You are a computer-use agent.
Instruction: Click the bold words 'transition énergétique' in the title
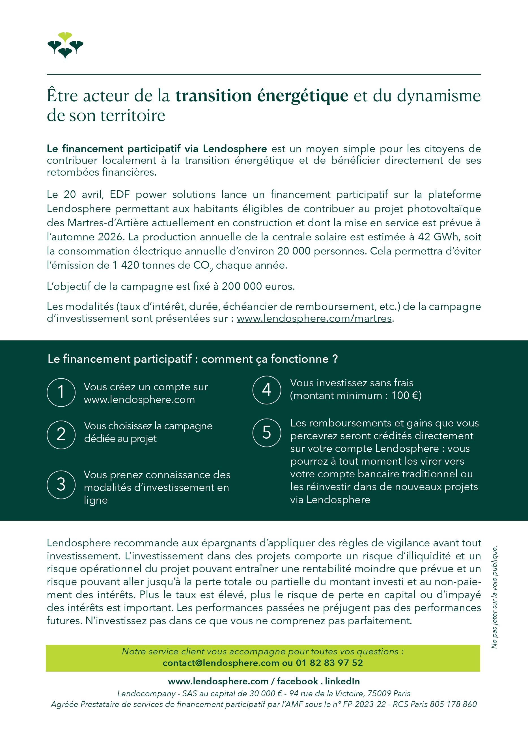tap(262, 96)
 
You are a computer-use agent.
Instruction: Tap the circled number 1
tap(61, 392)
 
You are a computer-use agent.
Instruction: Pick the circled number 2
tap(61, 435)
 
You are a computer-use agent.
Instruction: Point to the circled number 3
tap(61, 484)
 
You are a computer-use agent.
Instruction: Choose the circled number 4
tap(266, 390)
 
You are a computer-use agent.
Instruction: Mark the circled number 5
tap(266, 433)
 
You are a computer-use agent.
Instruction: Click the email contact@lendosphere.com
tap(221, 663)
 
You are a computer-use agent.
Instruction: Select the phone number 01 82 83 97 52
tap(329, 663)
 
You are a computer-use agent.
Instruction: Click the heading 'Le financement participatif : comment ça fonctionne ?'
tap(193, 359)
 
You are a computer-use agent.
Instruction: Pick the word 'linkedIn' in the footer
tap(342, 682)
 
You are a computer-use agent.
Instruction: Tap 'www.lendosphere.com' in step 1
tap(139, 400)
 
